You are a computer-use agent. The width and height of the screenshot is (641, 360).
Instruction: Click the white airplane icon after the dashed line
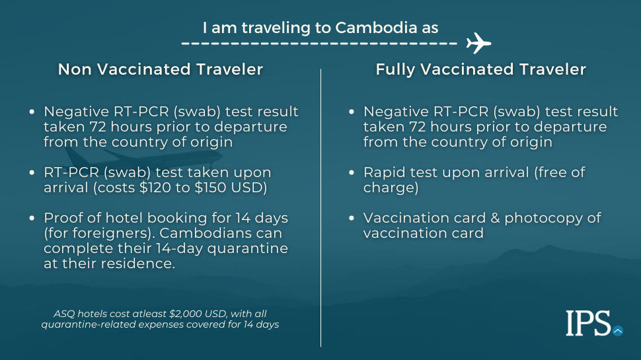(478, 43)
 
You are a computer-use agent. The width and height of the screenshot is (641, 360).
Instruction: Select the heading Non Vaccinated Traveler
(160, 69)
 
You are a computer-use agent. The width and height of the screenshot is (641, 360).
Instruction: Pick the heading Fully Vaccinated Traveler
(481, 69)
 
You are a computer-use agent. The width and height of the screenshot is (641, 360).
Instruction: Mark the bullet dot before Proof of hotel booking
(32, 218)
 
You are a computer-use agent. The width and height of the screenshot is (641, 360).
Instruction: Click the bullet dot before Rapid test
(352, 172)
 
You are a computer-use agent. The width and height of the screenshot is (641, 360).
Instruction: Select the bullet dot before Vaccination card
(352, 218)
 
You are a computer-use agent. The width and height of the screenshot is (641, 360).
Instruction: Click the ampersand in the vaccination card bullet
(495, 218)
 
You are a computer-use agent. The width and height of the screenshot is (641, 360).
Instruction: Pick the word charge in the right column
(389, 188)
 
